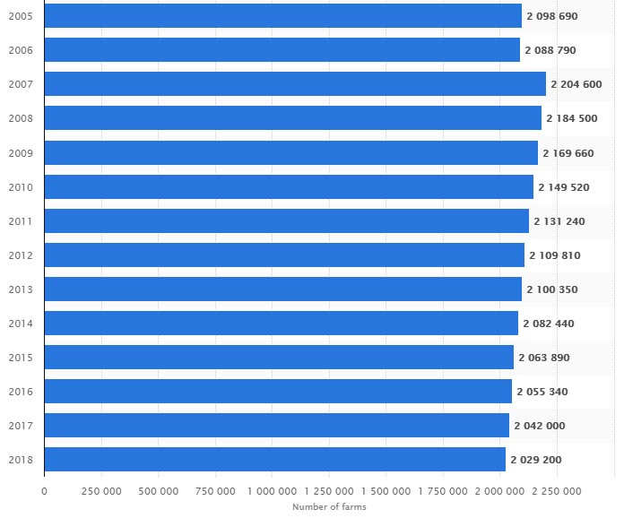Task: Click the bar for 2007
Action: click(295, 84)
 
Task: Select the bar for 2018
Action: click(275, 460)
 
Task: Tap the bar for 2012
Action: click(284, 255)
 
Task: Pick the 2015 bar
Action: click(279, 358)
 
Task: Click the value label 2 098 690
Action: click(551, 16)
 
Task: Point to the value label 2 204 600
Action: click(576, 84)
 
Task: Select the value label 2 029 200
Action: click(537, 460)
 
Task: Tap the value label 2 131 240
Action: click(559, 221)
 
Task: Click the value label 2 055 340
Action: click(542, 392)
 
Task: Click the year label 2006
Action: click(20, 50)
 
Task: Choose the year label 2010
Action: click(20, 187)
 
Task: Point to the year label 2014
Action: click(20, 324)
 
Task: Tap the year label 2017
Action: click(20, 426)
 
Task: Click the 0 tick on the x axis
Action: click(44, 490)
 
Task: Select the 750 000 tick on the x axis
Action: click(215, 490)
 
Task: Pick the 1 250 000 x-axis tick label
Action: click(329, 490)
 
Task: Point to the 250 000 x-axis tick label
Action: click(101, 490)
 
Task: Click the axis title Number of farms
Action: click(329, 507)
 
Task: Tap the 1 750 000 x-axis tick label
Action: click(443, 490)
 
